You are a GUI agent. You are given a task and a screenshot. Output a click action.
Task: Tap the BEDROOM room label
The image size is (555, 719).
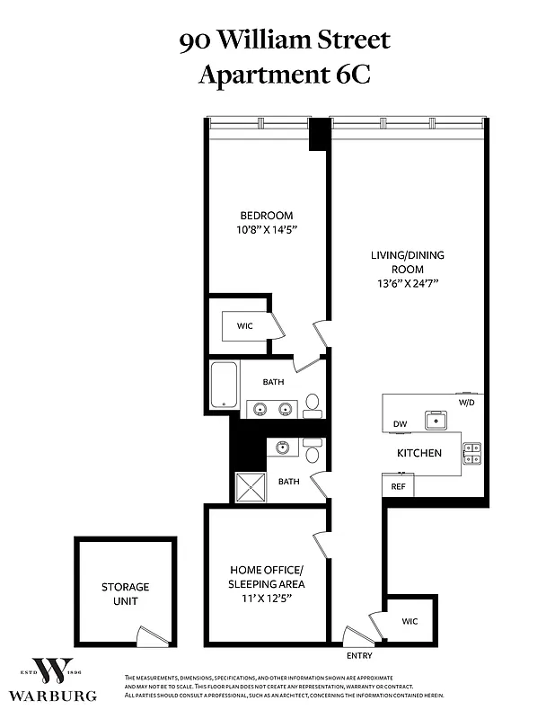(x=266, y=215)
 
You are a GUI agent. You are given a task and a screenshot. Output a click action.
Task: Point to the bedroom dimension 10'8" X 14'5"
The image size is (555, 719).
(x=266, y=230)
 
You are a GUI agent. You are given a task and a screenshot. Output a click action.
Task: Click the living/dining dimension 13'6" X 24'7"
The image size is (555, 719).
(x=407, y=283)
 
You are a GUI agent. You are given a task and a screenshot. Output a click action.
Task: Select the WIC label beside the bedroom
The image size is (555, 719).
(x=244, y=326)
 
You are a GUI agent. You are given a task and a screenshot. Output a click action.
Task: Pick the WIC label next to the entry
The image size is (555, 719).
(x=410, y=621)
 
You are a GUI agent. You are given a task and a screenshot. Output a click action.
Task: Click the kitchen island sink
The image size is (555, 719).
(x=438, y=419)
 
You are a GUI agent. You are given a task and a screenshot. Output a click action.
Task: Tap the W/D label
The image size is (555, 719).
(x=466, y=403)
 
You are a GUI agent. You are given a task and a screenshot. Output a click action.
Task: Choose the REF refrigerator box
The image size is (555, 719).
(x=398, y=486)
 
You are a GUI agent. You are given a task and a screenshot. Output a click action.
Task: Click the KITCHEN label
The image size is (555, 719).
(x=419, y=453)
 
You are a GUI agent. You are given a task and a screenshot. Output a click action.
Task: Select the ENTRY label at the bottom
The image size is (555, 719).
(x=358, y=655)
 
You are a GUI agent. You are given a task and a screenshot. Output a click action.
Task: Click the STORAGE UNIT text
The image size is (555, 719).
(x=125, y=593)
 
